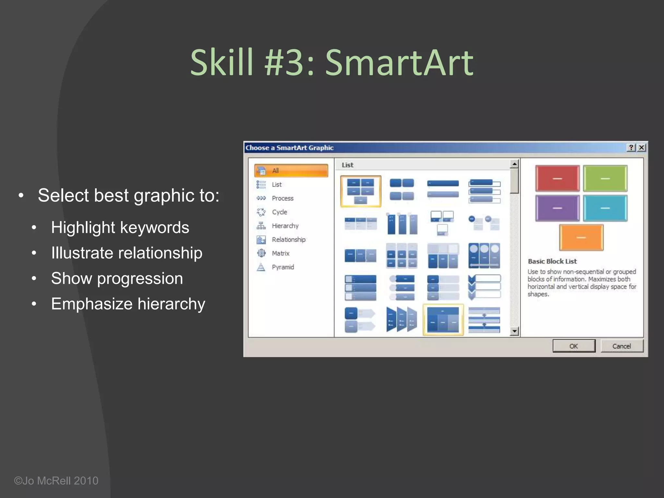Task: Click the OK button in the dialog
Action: tap(574, 346)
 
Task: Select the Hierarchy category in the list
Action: tap(285, 226)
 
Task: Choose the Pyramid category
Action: tap(283, 267)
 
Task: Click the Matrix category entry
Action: tap(280, 253)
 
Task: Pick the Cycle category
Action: tap(279, 212)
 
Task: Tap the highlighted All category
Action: tap(291, 171)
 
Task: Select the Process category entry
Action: tap(282, 198)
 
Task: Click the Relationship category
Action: tap(288, 240)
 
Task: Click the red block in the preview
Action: tap(557, 178)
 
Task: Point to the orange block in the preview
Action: tap(581, 238)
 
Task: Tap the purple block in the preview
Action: tap(557, 208)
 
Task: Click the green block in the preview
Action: tap(605, 178)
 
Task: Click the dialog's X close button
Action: tap(641, 148)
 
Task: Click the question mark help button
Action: tap(631, 148)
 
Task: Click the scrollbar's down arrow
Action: tap(514, 331)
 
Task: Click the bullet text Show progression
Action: tap(117, 279)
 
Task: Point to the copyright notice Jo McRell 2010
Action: tap(56, 480)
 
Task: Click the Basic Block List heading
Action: tap(552, 261)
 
